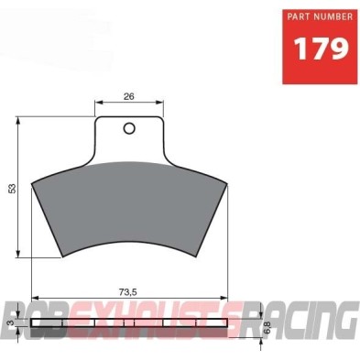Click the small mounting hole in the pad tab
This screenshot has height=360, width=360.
pos(129,127)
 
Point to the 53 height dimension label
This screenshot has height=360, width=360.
pos(12,189)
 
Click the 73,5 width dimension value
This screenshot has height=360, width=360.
pos(129,292)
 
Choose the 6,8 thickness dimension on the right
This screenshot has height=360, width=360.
pos(266,323)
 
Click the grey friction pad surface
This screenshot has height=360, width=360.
pos(129,211)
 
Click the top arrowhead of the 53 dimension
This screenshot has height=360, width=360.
pos(20,119)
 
